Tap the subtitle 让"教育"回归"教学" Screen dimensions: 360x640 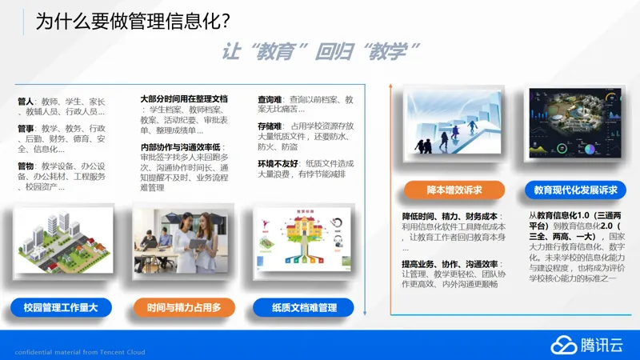coord(321,52)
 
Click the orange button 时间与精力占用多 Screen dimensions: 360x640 coord(184,306)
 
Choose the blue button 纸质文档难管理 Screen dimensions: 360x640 coord(305,306)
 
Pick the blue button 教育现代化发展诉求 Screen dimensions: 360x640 coord(576,190)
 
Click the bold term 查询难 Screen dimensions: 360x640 coord(270,99)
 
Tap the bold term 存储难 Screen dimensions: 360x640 coord(270,126)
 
